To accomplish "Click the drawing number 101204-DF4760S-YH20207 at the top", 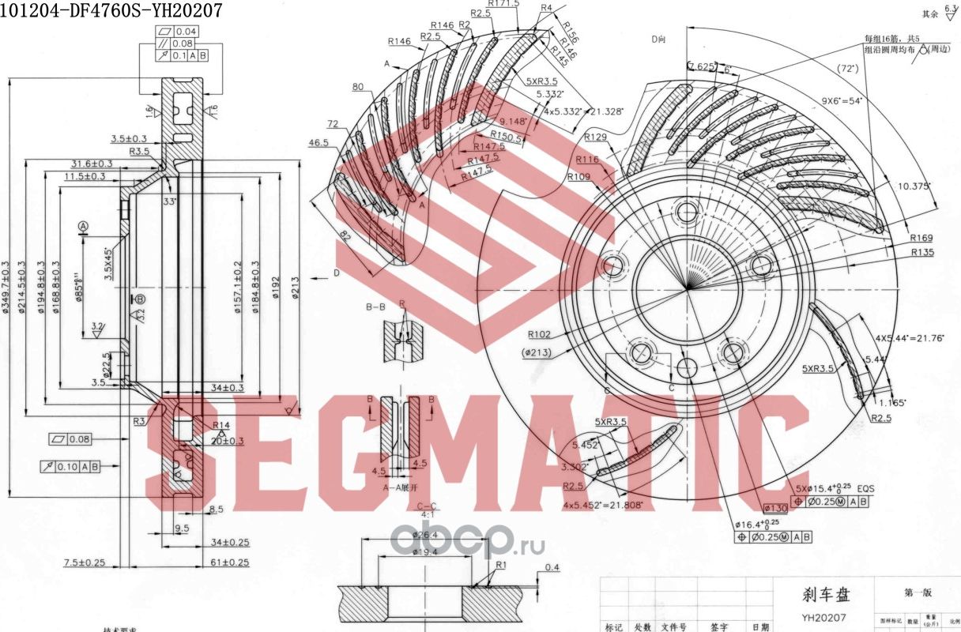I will [x=111, y=10].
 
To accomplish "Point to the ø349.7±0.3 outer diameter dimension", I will [x=6, y=288].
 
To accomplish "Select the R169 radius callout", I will [x=921, y=237].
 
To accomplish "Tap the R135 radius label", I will [x=923, y=252].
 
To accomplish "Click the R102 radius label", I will [x=539, y=334].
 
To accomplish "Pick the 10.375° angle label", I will [x=914, y=186].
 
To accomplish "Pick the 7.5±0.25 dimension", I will [x=85, y=562].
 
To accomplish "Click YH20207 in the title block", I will [x=824, y=618].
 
